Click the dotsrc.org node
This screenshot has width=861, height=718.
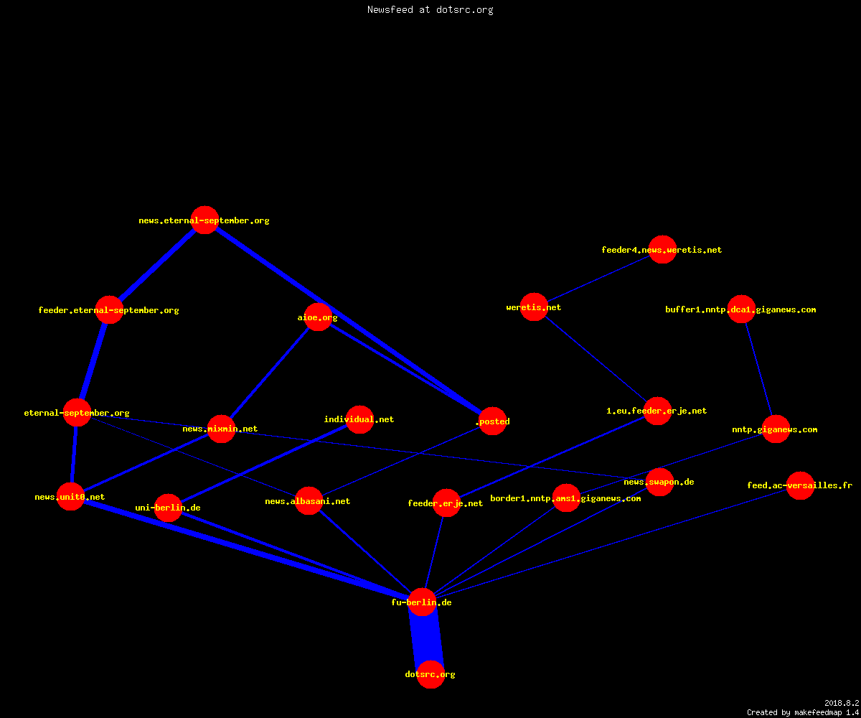(x=430, y=674)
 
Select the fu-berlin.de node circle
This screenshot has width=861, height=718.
(x=423, y=602)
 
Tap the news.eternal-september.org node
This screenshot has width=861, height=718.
(x=204, y=220)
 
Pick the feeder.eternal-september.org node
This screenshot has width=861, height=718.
(x=109, y=309)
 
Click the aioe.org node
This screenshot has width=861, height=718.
(x=318, y=317)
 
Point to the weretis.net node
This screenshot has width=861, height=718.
(x=534, y=307)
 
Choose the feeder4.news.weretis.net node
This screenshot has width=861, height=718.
(x=663, y=249)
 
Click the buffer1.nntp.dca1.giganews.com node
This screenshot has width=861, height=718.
(x=741, y=309)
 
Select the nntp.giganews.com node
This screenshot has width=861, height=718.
(x=776, y=429)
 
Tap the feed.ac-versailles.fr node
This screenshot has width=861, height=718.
(x=801, y=485)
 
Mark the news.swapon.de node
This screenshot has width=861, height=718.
(x=660, y=482)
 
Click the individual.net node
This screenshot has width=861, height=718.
(x=359, y=419)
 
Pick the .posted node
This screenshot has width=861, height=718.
(x=492, y=421)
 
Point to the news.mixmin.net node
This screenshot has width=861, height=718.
(x=222, y=429)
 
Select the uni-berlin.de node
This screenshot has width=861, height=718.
(x=168, y=508)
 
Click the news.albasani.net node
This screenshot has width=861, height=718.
(x=309, y=501)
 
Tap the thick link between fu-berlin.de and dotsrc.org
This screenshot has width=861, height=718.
(x=426, y=638)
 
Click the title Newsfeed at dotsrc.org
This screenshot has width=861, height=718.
(x=430, y=9)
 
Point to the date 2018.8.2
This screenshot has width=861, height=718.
(x=842, y=703)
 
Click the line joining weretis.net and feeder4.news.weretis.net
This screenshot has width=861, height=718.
(x=598, y=278)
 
